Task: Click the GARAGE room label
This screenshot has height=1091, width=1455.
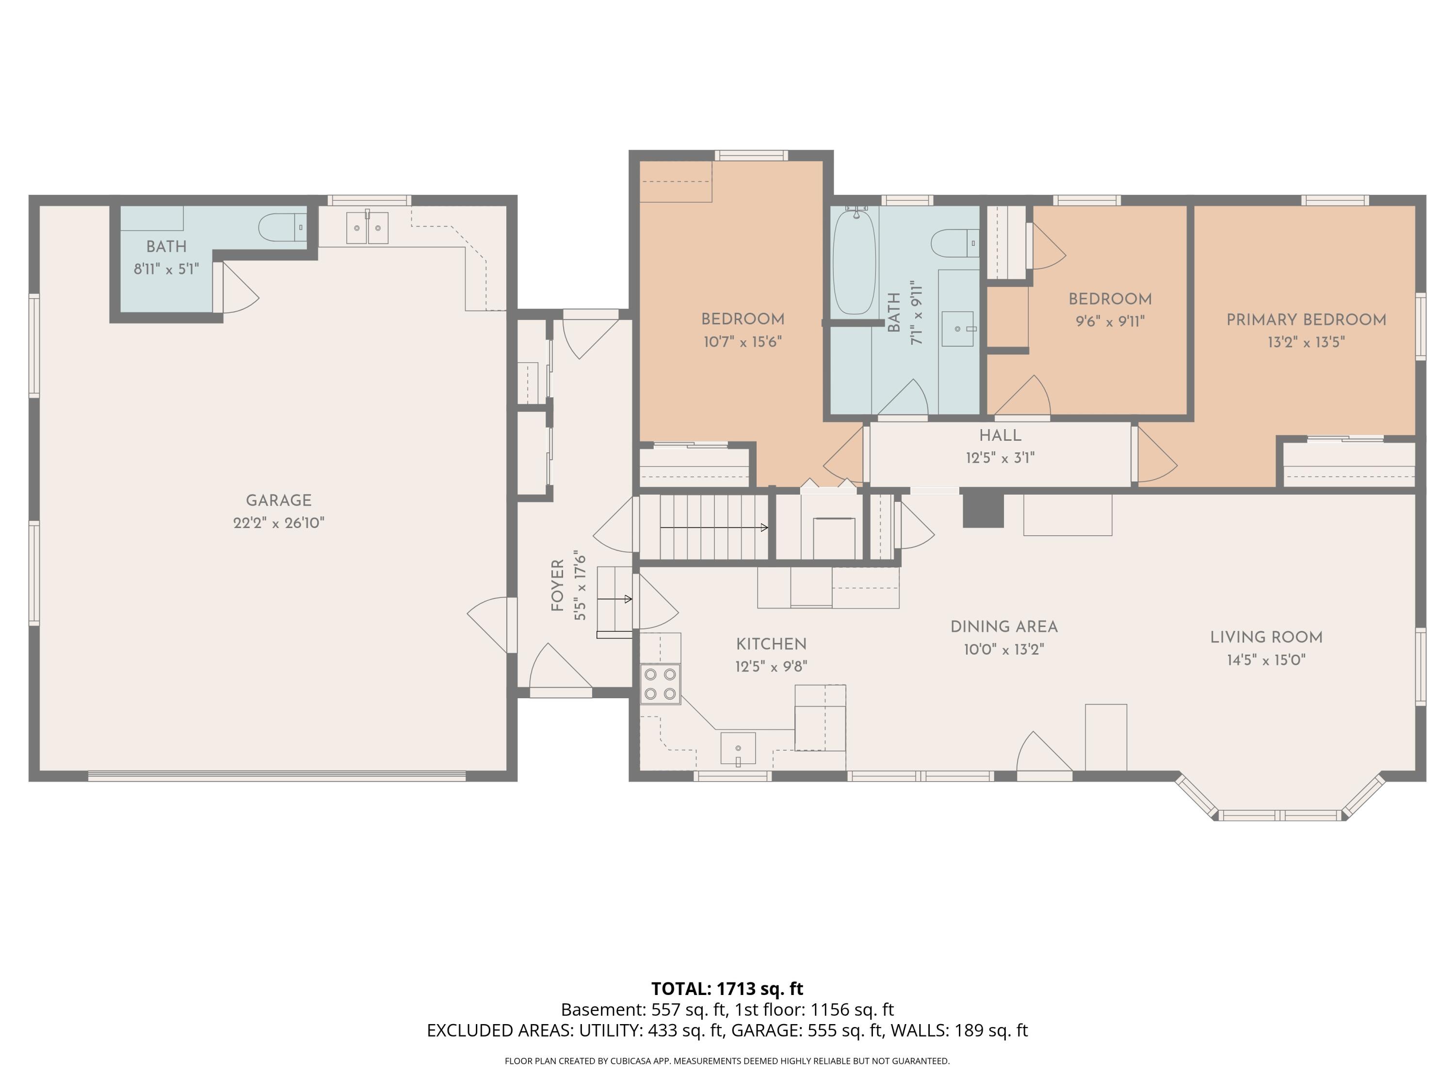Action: pyautogui.click(x=278, y=500)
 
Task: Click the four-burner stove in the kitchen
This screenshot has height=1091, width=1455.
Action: pyautogui.click(x=661, y=684)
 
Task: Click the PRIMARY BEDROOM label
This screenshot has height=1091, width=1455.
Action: pyautogui.click(x=1306, y=320)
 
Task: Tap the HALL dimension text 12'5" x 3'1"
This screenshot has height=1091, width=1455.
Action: pyautogui.click(x=1000, y=458)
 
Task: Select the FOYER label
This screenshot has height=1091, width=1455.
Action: pyautogui.click(x=558, y=585)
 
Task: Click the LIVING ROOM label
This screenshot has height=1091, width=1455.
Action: pyautogui.click(x=1266, y=637)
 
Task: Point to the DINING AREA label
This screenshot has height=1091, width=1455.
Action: pyautogui.click(x=1004, y=626)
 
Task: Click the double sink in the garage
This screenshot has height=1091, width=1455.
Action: pyautogui.click(x=368, y=227)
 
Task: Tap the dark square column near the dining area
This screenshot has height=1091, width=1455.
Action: pyautogui.click(x=983, y=510)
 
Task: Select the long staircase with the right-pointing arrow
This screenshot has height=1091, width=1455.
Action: pyautogui.click(x=704, y=528)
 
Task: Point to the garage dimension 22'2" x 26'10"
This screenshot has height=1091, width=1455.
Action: pyautogui.click(x=278, y=523)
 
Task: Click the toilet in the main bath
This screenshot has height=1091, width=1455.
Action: pyautogui.click(x=954, y=242)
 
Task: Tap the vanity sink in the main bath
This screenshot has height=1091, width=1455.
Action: pyautogui.click(x=958, y=329)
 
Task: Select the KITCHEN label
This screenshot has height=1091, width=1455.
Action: pyautogui.click(x=771, y=644)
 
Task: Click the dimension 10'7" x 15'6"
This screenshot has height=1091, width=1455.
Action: pyautogui.click(x=743, y=342)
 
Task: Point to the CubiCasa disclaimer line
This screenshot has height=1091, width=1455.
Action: pyautogui.click(x=727, y=1061)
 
